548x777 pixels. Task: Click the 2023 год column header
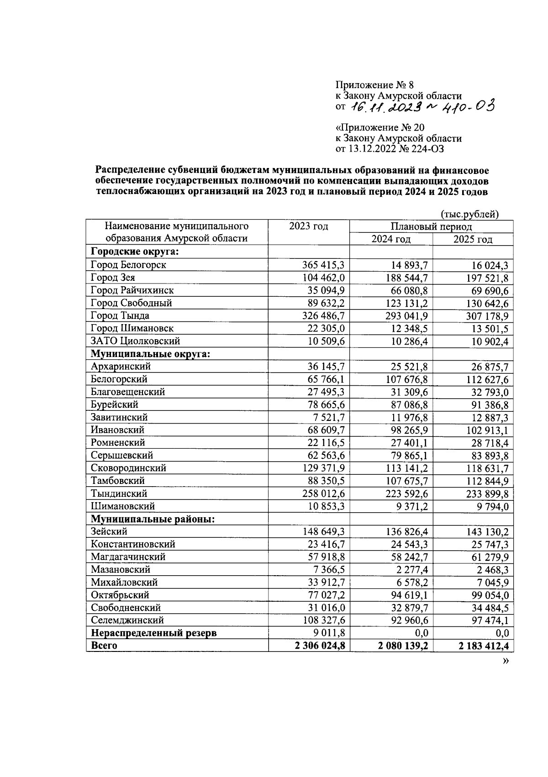[x=308, y=226]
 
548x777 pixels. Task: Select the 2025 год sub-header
[x=472, y=239]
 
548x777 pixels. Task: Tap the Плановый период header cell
[x=431, y=226]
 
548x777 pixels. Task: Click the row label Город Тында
[x=120, y=315]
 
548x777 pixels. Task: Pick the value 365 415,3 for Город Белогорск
[x=323, y=265]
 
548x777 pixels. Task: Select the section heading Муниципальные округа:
[x=150, y=354]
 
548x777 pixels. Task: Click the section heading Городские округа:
[x=135, y=252]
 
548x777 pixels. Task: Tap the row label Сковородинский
[x=128, y=468]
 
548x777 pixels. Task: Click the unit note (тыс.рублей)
[x=469, y=214]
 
